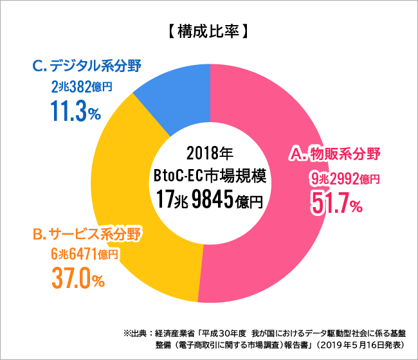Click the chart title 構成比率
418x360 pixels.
pos(208,30)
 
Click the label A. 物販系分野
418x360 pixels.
pos(335,154)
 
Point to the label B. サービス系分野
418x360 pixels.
pos(87,233)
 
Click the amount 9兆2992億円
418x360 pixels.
pos(345,178)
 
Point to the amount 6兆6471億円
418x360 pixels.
pos(84,255)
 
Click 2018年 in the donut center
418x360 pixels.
pos(209,154)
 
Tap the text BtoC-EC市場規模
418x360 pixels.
pos(210,175)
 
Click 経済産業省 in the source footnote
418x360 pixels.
pos(174,333)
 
